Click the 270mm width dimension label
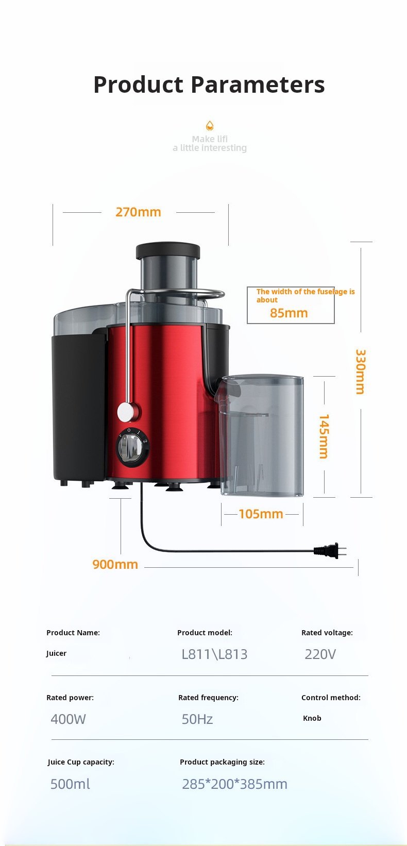click(x=138, y=212)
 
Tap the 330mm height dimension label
click(x=361, y=371)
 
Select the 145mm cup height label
click(x=324, y=436)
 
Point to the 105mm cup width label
click(x=261, y=514)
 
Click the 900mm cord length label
click(x=115, y=565)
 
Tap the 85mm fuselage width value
click(x=289, y=313)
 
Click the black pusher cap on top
click(x=168, y=250)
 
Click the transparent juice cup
click(x=262, y=435)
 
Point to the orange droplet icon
click(x=210, y=126)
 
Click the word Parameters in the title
click(x=258, y=84)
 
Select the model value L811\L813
click(x=214, y=654)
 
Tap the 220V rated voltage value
click(x=320, y=654)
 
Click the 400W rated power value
click(x=69, y=719)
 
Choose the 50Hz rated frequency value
click(x=197, y=719)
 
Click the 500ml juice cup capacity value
click(x=70, y=784)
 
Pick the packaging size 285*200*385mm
click(x=234, y=784)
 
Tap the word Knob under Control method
click(x=312, y=718)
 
